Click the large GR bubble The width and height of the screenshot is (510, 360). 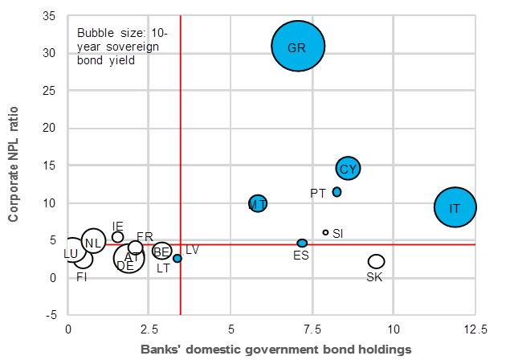pyautogui.click(x=297, y=47)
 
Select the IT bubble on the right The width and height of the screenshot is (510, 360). pyautogui.click(x=455, y=207)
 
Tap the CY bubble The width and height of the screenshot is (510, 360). pyautogui.click(x=348, y=169)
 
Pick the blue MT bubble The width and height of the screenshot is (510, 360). pyautogui.click(x=258, y=203)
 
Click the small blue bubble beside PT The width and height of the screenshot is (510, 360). pyautogui.click(x=337, y=192)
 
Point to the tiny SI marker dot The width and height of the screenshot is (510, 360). pyautogui.click(x=325, y=232)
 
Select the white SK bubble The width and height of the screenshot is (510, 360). pyautogui.click(x=376, y=261)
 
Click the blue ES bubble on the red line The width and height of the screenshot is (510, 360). pyautogui.click(x=302, y=243)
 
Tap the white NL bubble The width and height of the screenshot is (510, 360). pyautogui.click(x=93, y=241)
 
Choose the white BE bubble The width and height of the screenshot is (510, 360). pyautogui.click(x=162, y=252)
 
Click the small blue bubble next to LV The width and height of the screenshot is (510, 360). pyautogui.click(x=177, y=258)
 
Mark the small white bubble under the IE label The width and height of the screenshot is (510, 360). pyautogui.click(x=118, y=237)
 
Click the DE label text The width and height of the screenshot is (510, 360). pyautogui.click(x=125, y=265)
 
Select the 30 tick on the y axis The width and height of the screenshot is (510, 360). pyautogui.click(x=50, y=53)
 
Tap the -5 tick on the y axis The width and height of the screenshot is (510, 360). pyautogui.click(x=51, y=315)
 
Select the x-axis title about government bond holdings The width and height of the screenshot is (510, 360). pyautogui.click(x=276, y=350)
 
